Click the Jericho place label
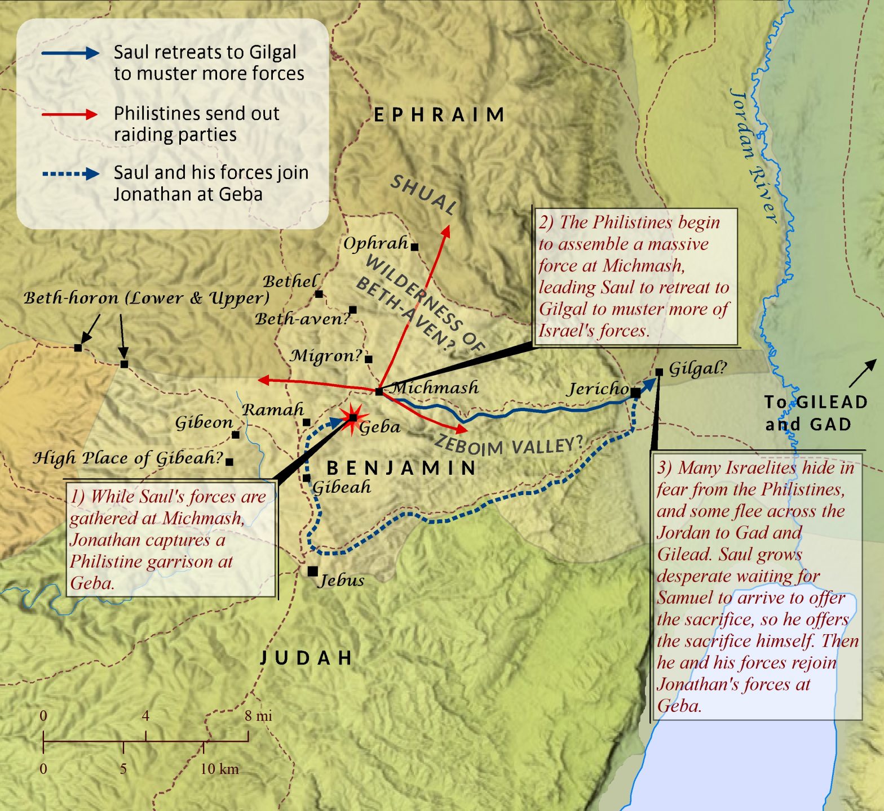(598, 388)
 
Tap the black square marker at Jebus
(312, 571)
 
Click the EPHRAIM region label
(439, 115)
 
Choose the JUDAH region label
(306, 657)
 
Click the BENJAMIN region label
(402, 467)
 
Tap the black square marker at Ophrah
(414, 247)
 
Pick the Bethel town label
(290, 281)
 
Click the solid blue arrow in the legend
(70, 53)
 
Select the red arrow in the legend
(70, 114)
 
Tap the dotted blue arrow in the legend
(70, 173)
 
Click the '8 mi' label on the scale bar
(258, 716)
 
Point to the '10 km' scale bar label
(219, 768)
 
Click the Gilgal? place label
(697, 369)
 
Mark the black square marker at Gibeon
(236, 434)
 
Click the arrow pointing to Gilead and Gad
(863, 372)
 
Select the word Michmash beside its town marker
(435, 387)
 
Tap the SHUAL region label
(423, 194)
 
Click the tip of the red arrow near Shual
(448, 226)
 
